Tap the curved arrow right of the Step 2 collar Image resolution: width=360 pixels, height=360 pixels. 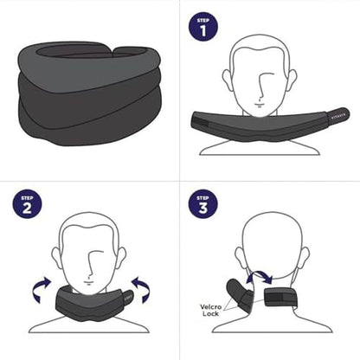pyautogui.click(x=142, y=288)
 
